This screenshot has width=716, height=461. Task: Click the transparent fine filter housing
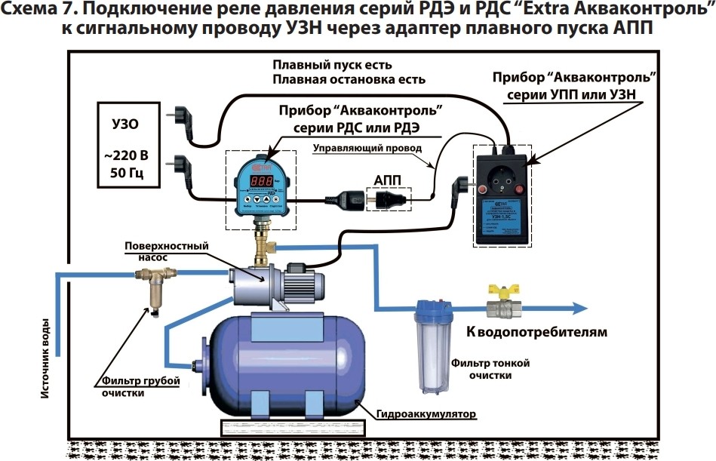[x=430, y=355]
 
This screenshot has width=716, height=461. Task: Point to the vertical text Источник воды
[x=46, y=355]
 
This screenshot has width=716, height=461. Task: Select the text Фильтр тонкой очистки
[x=490, y=369]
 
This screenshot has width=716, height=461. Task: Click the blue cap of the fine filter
[x=430, y=308]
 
